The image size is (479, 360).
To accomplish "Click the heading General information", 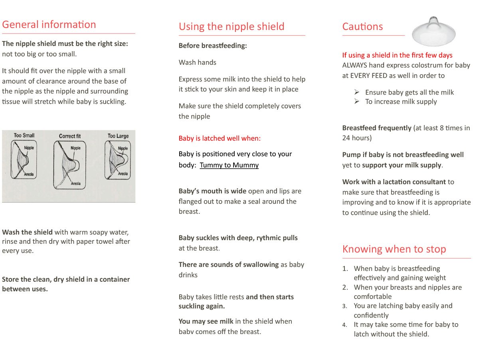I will click(49, 25).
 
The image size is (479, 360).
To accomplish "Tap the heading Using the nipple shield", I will click(232, 27).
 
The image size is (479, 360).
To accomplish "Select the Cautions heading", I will click(362, 27).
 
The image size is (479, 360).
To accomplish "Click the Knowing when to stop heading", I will click(394, 249).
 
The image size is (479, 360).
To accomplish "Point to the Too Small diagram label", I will click(24, 135).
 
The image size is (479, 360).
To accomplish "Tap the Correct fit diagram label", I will click(70, 136).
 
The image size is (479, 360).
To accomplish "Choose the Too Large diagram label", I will click(118, 136).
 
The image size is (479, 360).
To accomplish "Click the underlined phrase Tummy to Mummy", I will click(229, 165).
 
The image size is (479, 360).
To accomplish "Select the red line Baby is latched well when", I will click(220, 139).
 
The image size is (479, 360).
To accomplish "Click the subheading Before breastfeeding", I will click(213, 46).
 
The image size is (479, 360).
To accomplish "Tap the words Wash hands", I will click(198, 62).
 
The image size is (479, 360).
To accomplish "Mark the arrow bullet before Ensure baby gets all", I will click(357, 92).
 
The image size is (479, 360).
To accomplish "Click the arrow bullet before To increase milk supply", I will click(357, 101).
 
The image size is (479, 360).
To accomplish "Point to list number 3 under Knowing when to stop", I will click(345, 306).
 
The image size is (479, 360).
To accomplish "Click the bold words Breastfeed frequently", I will click(376, 128).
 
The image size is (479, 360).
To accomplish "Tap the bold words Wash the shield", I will click(27, 232).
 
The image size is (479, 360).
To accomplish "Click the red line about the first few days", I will click(397, 55).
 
